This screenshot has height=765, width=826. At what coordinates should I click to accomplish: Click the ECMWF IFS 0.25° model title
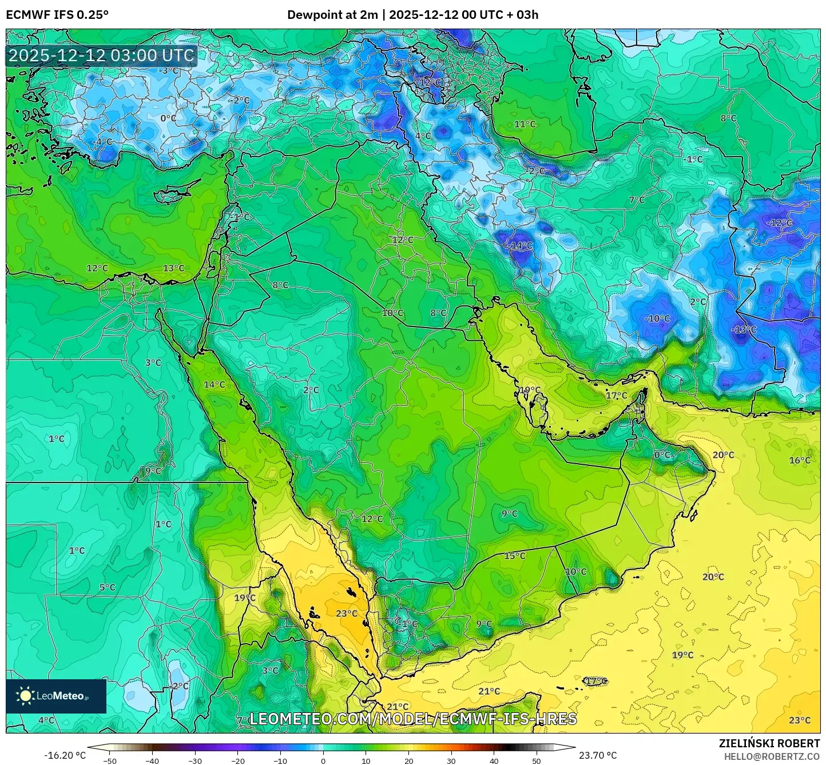pos(57,15)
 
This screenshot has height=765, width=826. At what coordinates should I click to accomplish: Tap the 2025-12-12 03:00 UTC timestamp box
pos(101,55)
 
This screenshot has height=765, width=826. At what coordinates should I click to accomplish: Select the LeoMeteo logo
pos(55,696)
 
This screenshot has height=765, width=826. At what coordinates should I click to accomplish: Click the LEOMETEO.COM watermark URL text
pos(413,719)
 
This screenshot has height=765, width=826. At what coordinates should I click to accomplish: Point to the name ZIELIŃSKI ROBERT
pos(769,743)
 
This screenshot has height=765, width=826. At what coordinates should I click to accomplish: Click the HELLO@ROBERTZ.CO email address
pos(772,756)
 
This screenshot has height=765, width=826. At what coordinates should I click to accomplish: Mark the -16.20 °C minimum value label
pos(65,755)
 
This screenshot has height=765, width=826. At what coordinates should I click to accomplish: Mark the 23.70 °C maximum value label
pos(598,755)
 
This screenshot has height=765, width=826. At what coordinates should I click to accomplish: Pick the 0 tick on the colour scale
pos(323,761)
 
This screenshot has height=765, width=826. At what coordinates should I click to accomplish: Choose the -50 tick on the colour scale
pos(110,761)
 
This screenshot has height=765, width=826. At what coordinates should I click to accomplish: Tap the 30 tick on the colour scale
pos(451,761)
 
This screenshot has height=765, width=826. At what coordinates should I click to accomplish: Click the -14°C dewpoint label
pos(521,245)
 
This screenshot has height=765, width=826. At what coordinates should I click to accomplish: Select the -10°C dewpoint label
pos(657,318)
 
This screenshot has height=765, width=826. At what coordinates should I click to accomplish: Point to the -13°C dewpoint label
pos(744,329)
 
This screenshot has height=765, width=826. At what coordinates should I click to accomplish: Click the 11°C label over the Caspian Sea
pos(525,124)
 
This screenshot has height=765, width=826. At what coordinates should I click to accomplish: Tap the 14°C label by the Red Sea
pos(215,384)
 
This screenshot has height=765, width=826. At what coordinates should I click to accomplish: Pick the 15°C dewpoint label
pos(514,556)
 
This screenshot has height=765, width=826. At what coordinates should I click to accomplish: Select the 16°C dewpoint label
pos(800,460)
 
